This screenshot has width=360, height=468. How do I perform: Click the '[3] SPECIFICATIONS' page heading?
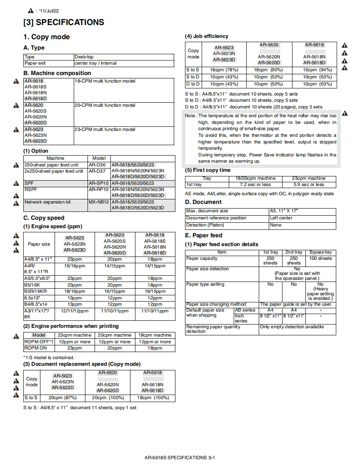coord(64,23)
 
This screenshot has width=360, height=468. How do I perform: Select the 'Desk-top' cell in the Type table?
coord(84,57)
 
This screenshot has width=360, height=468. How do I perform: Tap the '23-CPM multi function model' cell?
coord(105,129)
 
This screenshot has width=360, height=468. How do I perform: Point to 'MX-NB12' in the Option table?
coord(98,202)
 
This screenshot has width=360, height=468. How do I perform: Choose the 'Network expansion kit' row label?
coord(47,202)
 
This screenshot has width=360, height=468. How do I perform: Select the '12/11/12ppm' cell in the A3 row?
coord(75,311)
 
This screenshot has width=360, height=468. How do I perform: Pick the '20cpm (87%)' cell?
coord(62,398)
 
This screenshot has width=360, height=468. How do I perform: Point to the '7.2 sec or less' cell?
coord(255,184)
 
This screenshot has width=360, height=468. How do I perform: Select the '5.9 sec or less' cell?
coord(309,184)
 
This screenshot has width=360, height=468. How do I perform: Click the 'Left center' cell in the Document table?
coord(280,218)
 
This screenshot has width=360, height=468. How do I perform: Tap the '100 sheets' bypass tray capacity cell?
coord(320,259)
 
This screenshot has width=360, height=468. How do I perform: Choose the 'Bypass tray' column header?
coord(320,252)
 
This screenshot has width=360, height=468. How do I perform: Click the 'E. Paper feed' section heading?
coord(204,235)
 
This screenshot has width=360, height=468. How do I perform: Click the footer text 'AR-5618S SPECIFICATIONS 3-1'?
coord(180,458)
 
